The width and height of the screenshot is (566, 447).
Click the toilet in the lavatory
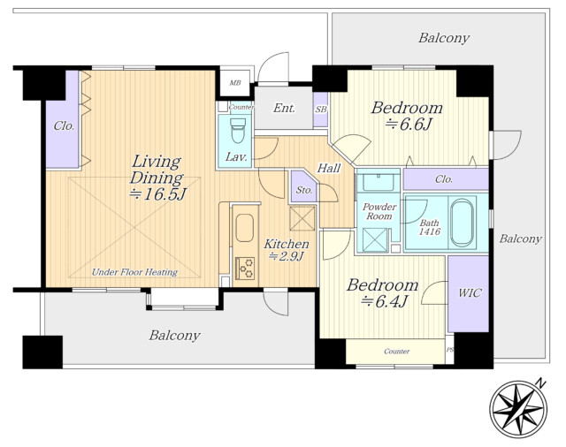(x=238, y=131)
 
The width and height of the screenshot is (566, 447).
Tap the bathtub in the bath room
(x=462, y=222)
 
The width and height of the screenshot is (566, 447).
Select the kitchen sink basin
(x=244, y=228)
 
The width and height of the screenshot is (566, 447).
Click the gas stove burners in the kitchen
(x=245, y=269)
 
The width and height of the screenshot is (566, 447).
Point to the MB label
(x=235, y=83)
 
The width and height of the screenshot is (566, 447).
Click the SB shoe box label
(x=320, y=110)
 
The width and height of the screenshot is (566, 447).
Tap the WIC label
(x=470, y=292)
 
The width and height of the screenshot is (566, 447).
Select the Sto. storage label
(x=304, y=190)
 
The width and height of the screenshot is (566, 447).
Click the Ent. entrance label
(x=284, y=108)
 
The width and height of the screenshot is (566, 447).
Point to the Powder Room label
(x=379, y=212)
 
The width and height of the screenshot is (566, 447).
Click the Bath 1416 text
(x=430, y=227)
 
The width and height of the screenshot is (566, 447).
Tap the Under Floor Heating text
(x=134, y=272)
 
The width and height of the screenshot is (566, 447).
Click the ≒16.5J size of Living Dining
(x=157, y=194)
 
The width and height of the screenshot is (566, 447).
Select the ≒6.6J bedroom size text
(x=408, y=125)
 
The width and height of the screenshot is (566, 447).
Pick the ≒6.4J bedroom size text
(x=385, y=301)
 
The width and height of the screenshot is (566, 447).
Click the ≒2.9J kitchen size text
(x=287, y=256)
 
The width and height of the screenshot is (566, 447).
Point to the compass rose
(x=518, y=408)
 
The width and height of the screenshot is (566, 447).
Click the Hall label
(x=328, y=168)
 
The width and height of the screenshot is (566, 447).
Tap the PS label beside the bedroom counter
(x=450, y=350)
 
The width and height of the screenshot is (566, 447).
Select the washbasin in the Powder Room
(x=378, y=181)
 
